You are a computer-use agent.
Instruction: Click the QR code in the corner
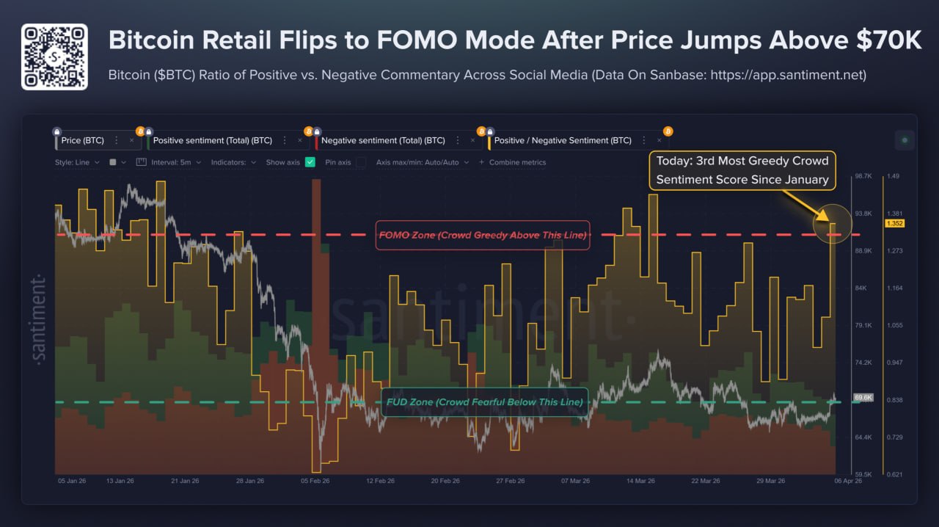point(54,57)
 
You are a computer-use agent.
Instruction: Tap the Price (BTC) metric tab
point(82,140)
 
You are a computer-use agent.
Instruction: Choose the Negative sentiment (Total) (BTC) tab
point(383,140)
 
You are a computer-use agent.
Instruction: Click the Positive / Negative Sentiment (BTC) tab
point(562,140)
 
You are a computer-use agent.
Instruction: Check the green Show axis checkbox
point(310,162)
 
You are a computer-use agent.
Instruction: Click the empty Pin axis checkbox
point(360,162)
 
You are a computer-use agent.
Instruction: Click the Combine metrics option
point(517,162)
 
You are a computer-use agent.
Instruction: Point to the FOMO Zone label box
point(482,236)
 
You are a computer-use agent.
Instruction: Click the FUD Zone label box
point(483,402)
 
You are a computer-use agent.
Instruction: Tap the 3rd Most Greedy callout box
point(742,170)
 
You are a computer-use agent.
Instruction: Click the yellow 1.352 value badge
point(895,224)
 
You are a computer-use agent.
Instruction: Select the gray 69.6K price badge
point(863,397)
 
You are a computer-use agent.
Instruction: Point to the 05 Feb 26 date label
point(315,481)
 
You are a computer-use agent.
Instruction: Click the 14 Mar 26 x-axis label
point(640,481)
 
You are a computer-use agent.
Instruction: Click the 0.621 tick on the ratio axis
point(894,475)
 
